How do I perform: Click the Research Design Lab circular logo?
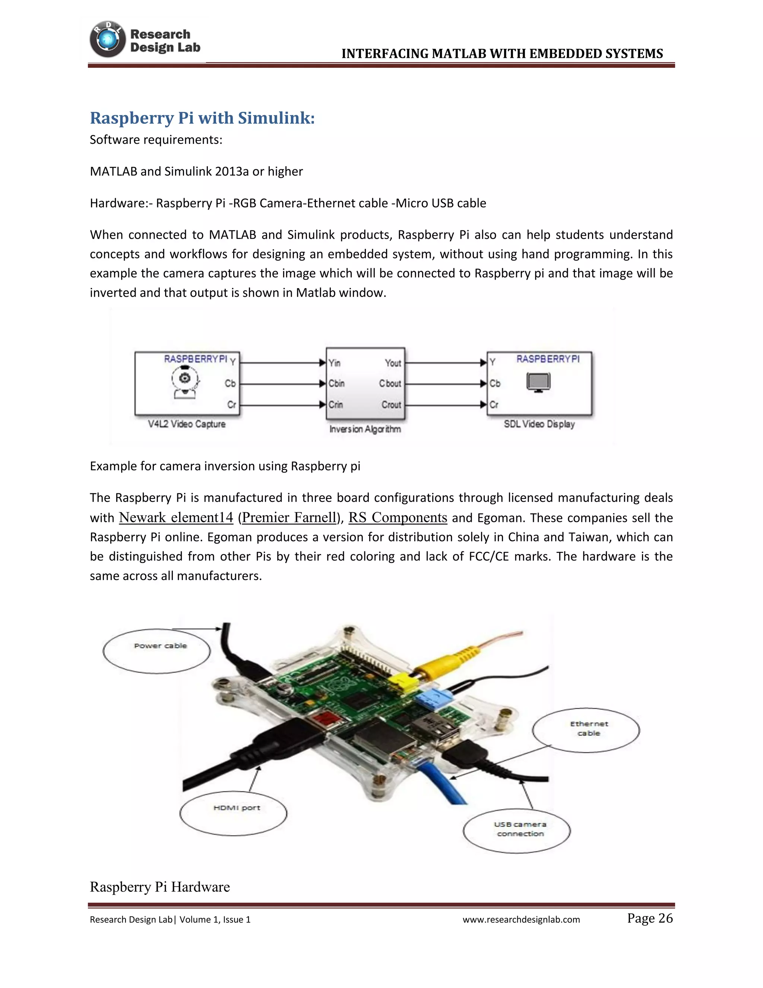tap(108, 40)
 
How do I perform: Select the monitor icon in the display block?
tap(538, 382)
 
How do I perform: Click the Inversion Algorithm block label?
tap(365, 429)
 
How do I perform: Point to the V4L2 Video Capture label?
tap(187, 424)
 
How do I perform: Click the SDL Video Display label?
tap(539, 424)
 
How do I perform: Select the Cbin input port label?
tap(337, 383)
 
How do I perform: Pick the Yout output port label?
tap(393, 363)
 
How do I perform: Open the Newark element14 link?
tap(176, 517)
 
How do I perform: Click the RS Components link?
tap(398, 517)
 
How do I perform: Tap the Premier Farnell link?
tap(289, 517)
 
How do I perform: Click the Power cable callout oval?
tap(157, 651)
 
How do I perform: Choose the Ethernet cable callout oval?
tap(586, 730)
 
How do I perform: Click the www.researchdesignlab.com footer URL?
tap(521, 919)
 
